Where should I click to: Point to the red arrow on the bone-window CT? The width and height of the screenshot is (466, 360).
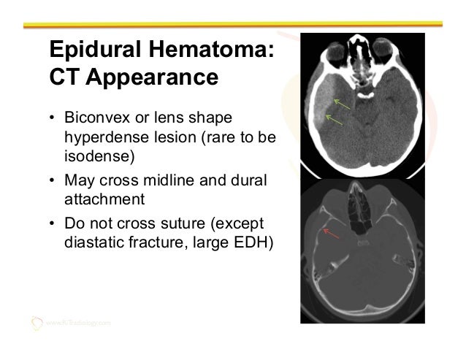tap(333, 234)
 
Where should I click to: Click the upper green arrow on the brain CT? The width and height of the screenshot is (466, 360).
tap(341, 101)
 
